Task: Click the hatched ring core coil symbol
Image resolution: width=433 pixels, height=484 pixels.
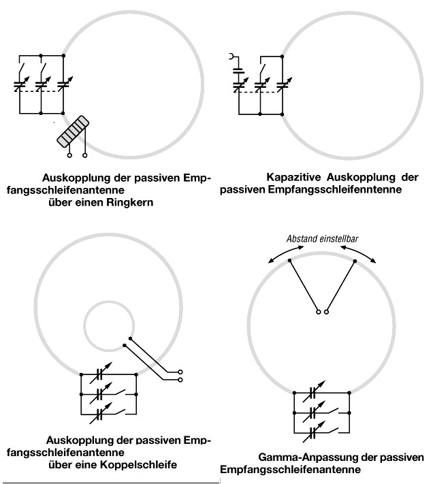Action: (74, 131)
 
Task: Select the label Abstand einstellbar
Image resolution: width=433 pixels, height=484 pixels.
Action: (322, 238)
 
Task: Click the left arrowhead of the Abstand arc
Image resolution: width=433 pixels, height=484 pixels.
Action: (268, 260)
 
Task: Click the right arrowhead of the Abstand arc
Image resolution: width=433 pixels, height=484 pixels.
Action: (376, 260)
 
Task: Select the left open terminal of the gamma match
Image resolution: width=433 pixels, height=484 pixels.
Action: (318, 312)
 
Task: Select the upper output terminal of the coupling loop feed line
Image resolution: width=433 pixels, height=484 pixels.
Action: (180, 371)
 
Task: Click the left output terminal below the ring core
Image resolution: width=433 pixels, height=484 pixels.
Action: (69, 155)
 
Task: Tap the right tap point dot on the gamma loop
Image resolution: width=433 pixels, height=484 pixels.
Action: (355, 260)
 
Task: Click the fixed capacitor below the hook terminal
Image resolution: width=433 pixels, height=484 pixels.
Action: (238, 69)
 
